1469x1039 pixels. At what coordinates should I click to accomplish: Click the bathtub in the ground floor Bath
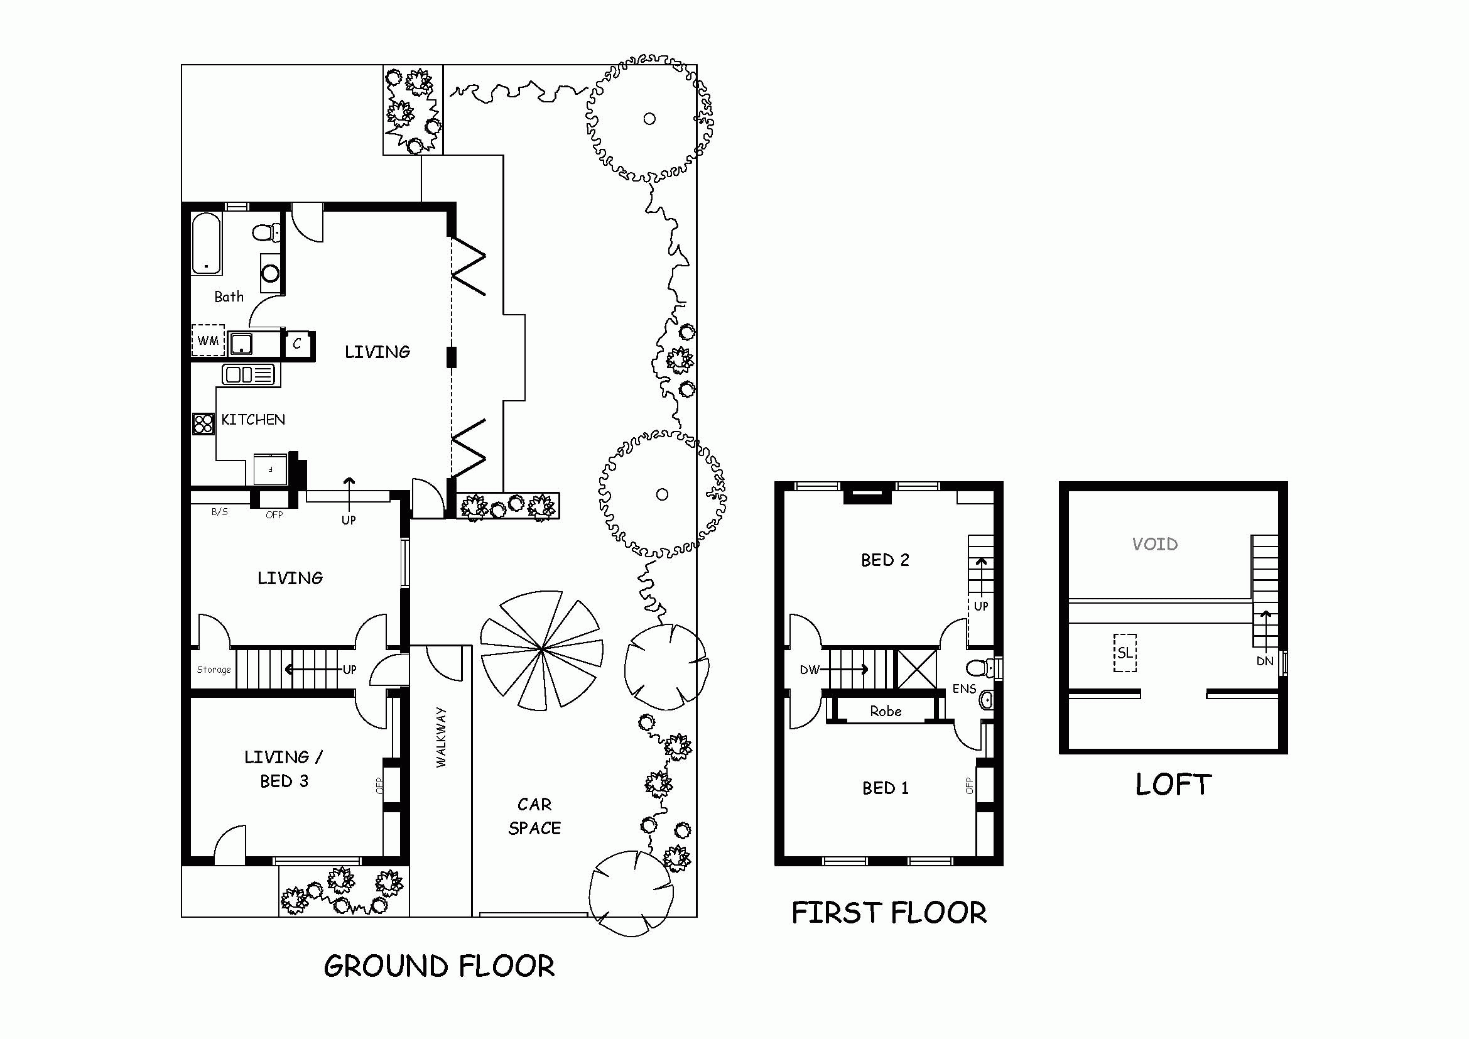pos(207,244)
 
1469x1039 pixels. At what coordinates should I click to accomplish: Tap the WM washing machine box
pos(208,340)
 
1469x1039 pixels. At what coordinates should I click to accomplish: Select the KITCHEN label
pos(253,420)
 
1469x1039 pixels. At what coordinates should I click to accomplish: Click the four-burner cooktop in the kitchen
pos(203,423)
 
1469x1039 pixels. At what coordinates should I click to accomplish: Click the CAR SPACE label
pos(535,816)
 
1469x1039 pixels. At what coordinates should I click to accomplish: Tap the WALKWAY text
pos(441,737)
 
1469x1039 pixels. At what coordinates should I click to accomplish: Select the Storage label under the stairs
pos(214,670)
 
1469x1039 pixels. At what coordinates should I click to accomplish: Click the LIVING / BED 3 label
pos(284,769)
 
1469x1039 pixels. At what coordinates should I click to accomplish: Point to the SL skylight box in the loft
pos(1125,653)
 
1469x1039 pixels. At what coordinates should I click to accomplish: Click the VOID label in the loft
pos(1155,545)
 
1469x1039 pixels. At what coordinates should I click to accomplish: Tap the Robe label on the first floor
pos(886,711)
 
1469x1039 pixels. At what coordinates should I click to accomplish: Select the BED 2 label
pos(885,560)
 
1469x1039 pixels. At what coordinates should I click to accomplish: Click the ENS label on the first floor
pos(964,689)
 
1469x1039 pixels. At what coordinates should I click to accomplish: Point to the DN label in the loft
pos(1265,661)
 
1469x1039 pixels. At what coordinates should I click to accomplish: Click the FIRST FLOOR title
pos(889,913)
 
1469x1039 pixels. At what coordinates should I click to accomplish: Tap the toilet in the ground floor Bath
pos(267,232)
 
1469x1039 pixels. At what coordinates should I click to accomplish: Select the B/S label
pos(219,512)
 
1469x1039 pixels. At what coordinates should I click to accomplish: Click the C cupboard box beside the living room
pos(297,344)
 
